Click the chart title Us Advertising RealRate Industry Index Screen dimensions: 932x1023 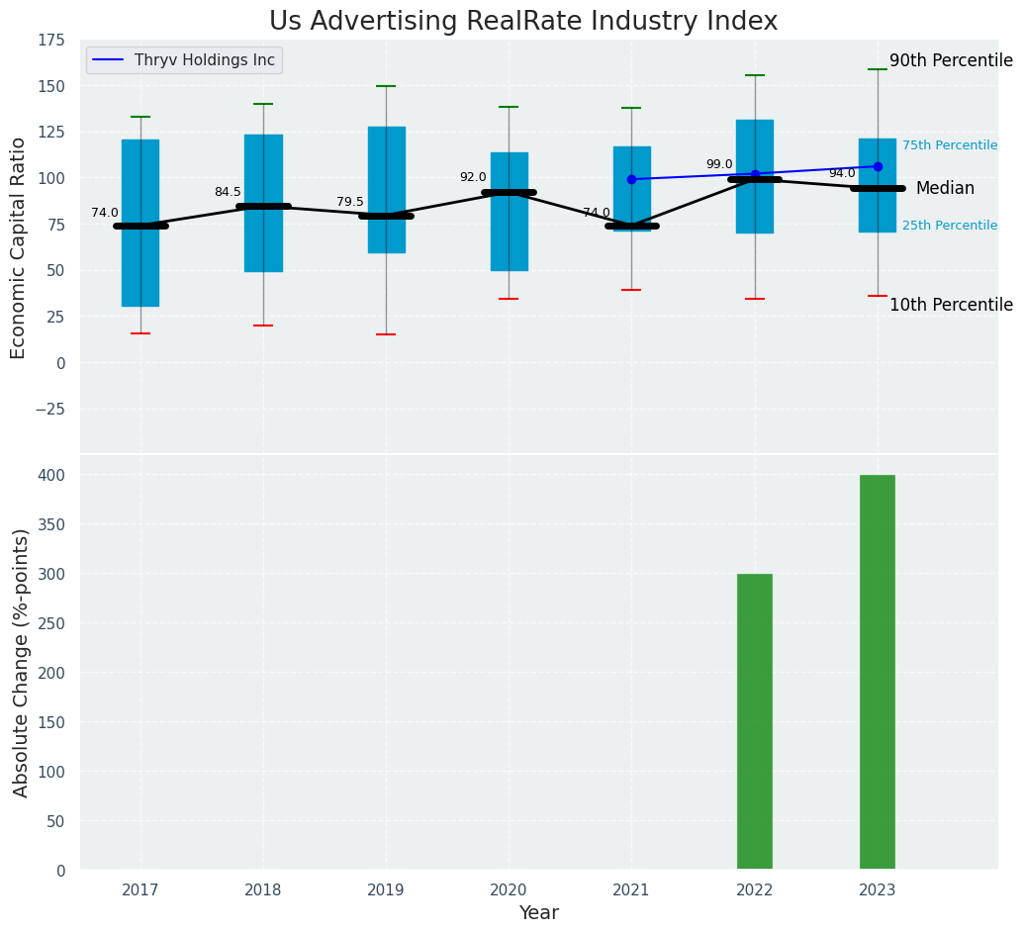[x=523, y=22]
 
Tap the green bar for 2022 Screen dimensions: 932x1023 [x=754, y=721]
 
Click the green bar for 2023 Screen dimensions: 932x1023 [x=877, y=672]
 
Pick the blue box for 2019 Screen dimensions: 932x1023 [x=386, y=158]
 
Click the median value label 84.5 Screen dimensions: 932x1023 [x=228, y=192]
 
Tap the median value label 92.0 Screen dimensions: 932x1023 [x=473, y=177]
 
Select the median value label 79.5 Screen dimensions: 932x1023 [x=350, y=202]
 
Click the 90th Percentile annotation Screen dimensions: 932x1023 [x=951, y=60]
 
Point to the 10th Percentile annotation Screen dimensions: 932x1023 [x=951, y=305]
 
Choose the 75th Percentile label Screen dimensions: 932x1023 [x=949, y=145]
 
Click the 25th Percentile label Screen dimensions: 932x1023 [x=949, y=226]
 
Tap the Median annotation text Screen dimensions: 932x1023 [x=945, y=188]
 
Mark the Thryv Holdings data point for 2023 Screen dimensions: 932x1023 [x=878, y=166]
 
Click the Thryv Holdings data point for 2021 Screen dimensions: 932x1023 [x=631, y=179]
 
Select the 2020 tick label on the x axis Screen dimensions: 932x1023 [x=509, y=890]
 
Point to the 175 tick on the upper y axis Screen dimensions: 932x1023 [x=51, y=41]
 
